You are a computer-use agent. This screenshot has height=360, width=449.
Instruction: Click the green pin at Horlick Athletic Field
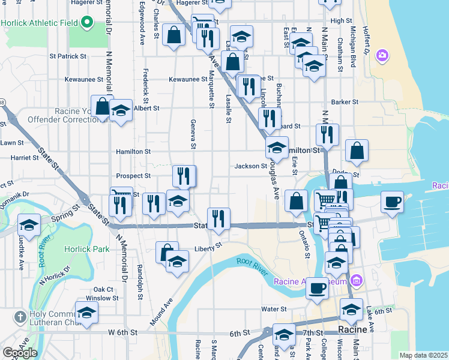point(87,23)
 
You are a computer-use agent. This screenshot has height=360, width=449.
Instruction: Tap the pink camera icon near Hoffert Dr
point(382,56)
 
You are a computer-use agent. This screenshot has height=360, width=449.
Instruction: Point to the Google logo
point(19,353)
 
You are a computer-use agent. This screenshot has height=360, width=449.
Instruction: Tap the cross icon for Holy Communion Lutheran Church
point(19,316)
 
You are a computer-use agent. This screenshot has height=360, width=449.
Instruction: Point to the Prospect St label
point(133,176)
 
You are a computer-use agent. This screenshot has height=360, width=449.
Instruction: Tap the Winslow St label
point(98,298)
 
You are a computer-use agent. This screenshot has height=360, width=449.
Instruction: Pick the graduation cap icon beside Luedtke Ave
point(29,226)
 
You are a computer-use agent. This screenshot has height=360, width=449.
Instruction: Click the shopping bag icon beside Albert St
point(102,107)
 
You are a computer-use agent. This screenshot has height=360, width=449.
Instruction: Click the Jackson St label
point(251,166)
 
